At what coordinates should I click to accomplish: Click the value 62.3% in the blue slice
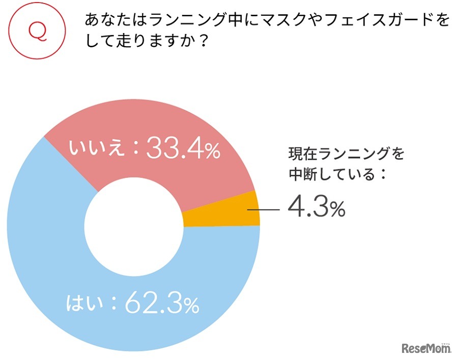pyautogui.click(x=161, y=304)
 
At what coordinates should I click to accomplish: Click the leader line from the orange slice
pyautogui.click(x=264, y=209)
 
